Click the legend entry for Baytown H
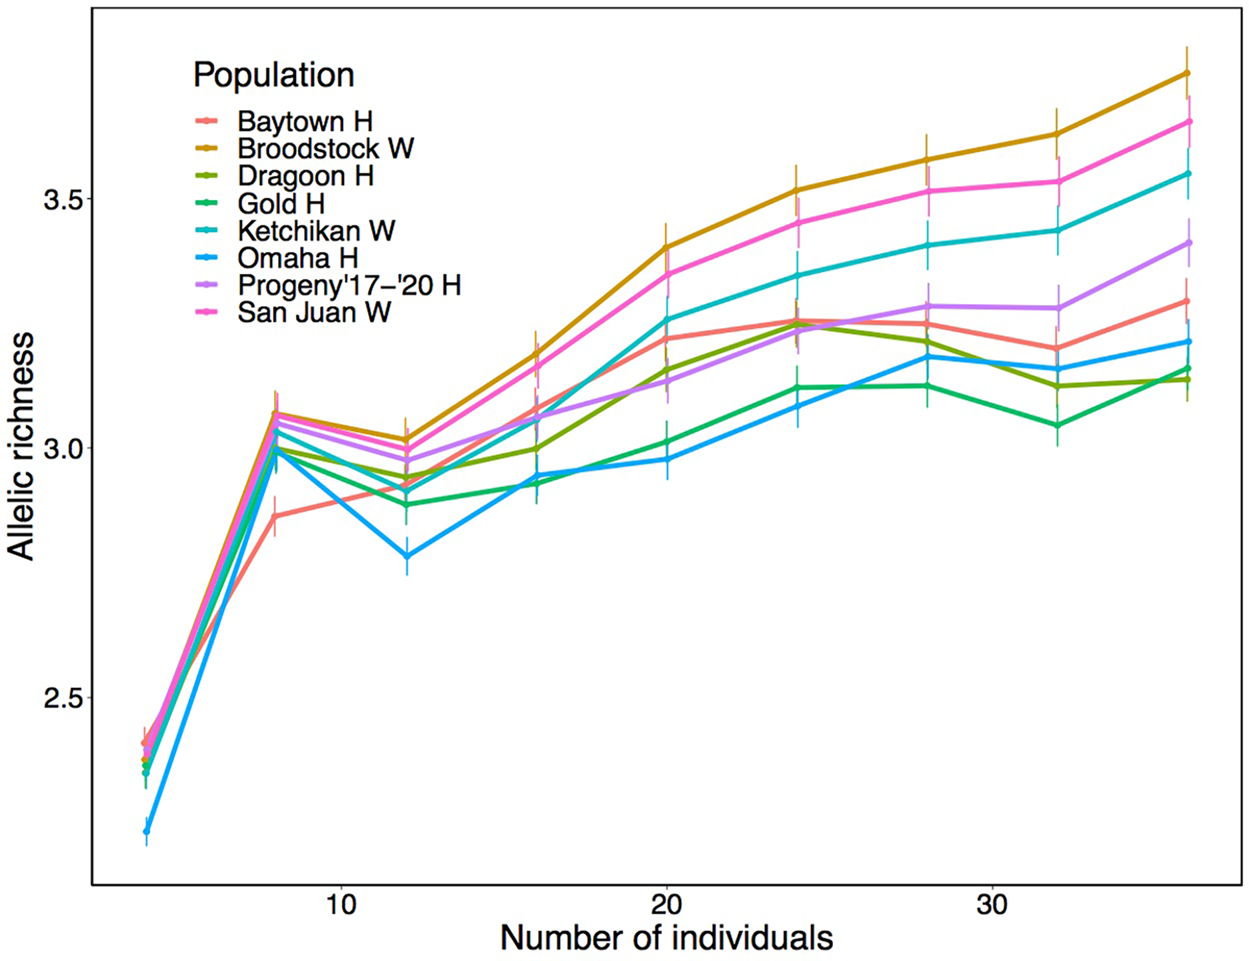point(305,121)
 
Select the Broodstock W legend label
point(325,149)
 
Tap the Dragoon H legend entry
point(305,176)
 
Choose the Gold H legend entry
point(281,203)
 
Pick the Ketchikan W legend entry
point(316,231)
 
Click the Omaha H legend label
point(297,259)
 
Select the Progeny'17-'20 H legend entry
point(349,285)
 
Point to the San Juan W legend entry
point(314,313)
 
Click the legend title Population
point(273,75)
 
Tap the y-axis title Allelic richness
point(22,446)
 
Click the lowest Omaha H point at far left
point(146,831)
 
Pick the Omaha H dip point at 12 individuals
point(407,556)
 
